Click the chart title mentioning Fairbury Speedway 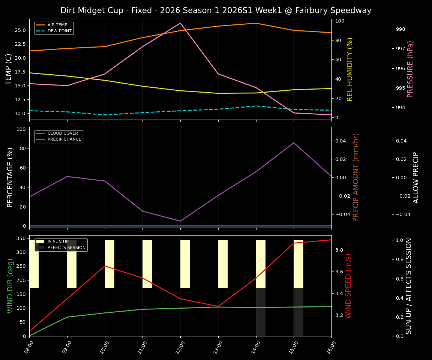point(216,10)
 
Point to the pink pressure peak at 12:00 point(180,23)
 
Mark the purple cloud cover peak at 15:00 point(294,143)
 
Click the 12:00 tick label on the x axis point(179,347)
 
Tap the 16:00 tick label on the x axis point(330,347)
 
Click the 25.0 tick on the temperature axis point(20,30)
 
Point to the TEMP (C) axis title point(9,69)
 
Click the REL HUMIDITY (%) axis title point(350,69)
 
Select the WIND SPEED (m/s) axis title point(349,285)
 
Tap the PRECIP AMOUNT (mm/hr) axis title point(356,177)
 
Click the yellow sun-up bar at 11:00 point(147,264)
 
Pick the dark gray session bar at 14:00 point(261,312)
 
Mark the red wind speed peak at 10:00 point(105,266)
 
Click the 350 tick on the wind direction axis point(21,238)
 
